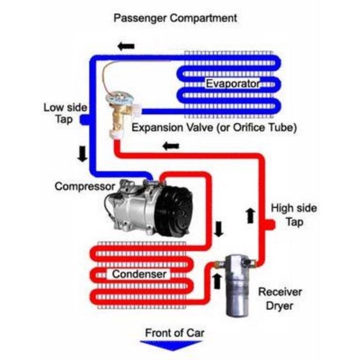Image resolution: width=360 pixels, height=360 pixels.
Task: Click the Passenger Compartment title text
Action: (175, 17)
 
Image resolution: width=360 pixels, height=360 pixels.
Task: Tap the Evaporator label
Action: (232, 85)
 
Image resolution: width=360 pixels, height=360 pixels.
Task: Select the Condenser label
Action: (139, 273)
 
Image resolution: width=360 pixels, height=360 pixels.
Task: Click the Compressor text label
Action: (84, 186)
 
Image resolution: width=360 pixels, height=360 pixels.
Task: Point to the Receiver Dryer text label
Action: (280, 298)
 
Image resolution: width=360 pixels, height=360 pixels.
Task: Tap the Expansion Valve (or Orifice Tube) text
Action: (214, 127)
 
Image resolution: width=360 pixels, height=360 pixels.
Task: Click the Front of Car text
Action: (174, 333)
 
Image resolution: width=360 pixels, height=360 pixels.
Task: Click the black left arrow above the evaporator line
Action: (126, 45)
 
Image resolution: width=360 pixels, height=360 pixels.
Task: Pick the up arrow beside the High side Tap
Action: (250, 215)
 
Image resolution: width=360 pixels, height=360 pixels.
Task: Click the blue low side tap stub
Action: (85, 120)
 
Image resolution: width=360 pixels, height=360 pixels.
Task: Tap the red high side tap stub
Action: (268, 225)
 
